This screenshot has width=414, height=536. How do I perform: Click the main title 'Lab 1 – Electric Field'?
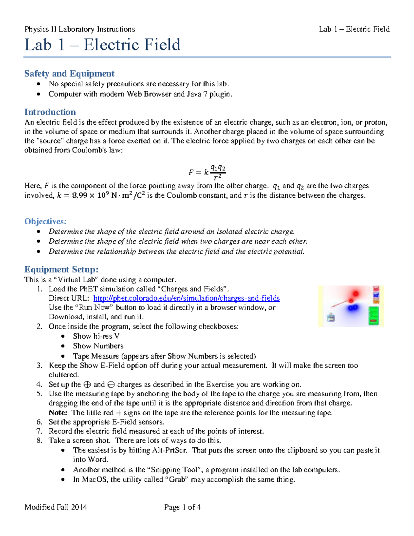coord(102,45)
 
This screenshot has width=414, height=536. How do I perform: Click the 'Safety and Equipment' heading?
coord(69,74)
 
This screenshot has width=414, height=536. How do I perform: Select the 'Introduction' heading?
coord(50,112)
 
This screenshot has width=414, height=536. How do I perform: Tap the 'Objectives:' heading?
coord(45,221)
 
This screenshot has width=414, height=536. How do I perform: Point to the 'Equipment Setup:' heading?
coord(61,269)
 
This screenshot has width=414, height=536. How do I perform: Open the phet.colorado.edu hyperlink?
coord(186,298)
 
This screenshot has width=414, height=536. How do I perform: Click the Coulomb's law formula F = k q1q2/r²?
coord(207,172)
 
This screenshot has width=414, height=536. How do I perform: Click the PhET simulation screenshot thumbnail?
coord(351,306)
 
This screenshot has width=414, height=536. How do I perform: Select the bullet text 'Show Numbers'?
coord(98,346)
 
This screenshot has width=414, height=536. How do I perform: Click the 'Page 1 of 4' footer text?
coord(182,507)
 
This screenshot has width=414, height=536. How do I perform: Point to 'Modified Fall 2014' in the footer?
coord(56,507)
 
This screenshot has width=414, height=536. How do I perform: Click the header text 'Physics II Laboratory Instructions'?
coord(79,29)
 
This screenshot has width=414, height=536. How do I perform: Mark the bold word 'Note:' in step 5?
coord(58,413)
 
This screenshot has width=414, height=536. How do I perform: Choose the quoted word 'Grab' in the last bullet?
coord(177,479)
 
